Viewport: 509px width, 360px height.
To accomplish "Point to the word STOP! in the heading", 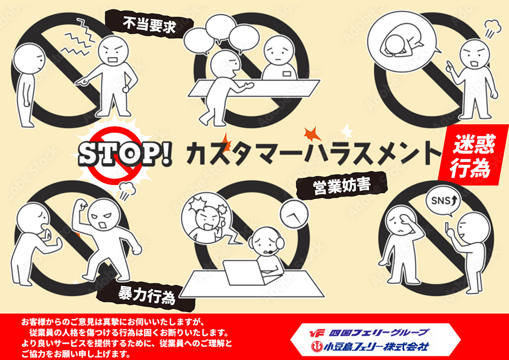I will click(x=126, y=154).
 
